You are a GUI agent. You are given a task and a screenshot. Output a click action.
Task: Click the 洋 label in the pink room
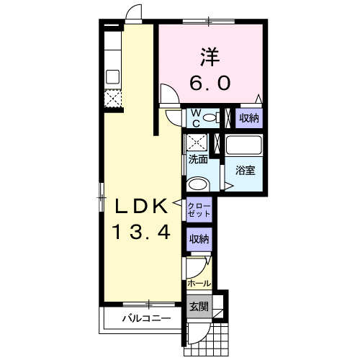coord(210,57)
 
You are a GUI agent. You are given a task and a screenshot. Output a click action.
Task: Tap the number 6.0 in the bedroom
coord(210,82)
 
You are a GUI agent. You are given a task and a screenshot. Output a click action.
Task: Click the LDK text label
coord(141,207)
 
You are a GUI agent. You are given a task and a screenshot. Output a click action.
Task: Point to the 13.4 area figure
coord(142,232)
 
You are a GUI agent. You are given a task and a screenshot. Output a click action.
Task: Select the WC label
coord(197,118)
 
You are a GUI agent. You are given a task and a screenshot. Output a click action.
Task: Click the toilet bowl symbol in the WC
coord(210,118)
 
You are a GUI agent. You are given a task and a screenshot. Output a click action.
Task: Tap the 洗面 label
coord(198,159)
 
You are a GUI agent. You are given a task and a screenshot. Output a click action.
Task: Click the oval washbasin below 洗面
coord(198,184)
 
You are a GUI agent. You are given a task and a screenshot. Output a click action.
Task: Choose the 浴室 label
coord(245,170)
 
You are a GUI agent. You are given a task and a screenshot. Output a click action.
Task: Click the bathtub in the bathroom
coord(244,145)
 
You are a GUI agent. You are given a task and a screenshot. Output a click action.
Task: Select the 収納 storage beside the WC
coord(249,118)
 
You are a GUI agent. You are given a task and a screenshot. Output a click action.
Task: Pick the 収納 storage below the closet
coord(199,239)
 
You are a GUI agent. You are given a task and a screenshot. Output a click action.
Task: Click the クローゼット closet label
coord(199,210)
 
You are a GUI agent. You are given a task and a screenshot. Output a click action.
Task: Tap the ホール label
coord(199,284)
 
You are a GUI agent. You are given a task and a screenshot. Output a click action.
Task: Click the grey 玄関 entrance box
coord(199,307)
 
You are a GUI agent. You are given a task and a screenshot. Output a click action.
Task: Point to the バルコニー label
coord(147,318)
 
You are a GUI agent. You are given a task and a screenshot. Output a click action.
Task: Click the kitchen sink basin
coord(112,76)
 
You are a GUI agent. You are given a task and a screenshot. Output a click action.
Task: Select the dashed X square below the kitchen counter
coord(112,98)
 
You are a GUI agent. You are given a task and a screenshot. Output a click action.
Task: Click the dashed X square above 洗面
coord(197,143)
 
